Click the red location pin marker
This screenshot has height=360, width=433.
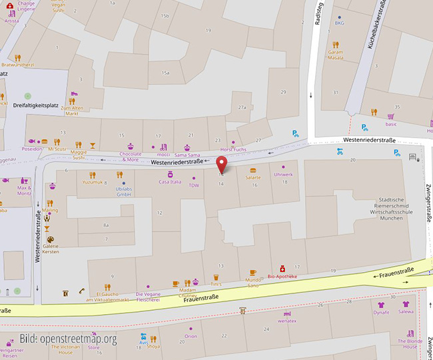[222, 162]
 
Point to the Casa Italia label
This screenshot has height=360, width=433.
[170, 182]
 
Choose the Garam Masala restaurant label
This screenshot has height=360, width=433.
[336, 55]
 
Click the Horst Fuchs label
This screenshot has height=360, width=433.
[233, 150]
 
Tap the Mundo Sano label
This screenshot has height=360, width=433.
[252, 283]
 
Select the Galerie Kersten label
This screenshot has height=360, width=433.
[51, 249]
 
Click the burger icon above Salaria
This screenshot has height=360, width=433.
[252, 170]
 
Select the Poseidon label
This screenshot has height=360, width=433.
[31, 150]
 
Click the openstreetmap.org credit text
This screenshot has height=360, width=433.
[68, 339]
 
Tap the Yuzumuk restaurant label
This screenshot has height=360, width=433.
[93, 182]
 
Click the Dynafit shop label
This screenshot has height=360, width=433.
[381, 312]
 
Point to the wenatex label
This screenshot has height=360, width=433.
[287, 321]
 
